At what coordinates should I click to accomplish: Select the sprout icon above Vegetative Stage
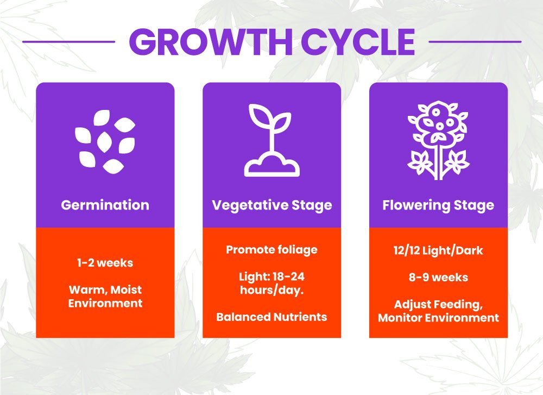(x=271, y=140)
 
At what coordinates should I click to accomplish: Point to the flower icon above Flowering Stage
(x=438, y=140)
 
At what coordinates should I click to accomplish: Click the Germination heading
(x=105, y=205)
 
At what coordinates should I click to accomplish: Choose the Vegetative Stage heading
(x=271, y=205)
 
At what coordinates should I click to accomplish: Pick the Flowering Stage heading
(x=438, y=205)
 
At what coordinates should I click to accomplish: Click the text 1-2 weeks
(x=105, y=263)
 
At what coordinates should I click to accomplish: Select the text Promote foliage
(x=271, y=250)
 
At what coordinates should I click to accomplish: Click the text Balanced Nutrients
(x=271, y=317)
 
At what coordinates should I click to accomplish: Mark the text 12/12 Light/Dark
(x=438, y=250)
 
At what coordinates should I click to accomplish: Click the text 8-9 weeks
(x=438, y=277)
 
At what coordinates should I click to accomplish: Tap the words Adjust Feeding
(x=438, y=304)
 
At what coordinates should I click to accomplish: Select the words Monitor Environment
(x=438, y=318)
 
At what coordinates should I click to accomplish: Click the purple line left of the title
(x=68, y=41)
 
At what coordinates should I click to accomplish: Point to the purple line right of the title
(x=475, y=41)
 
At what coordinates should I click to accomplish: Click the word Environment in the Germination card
(x=105, y=303)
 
